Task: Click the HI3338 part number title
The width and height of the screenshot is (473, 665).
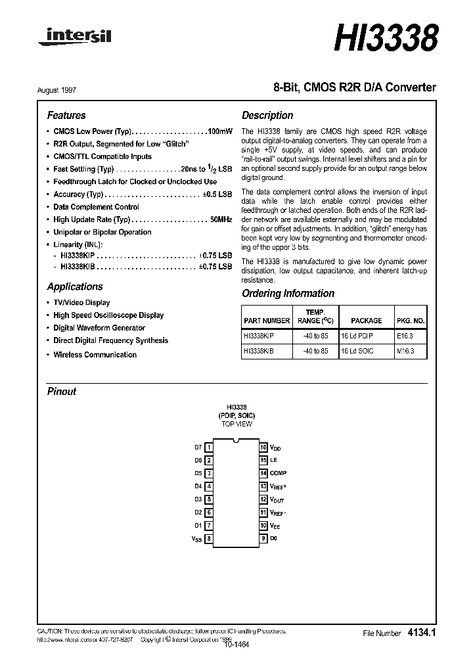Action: (386, 37)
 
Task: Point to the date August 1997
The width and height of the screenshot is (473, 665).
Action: (66, 89)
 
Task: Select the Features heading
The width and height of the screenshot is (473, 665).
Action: (66, 115)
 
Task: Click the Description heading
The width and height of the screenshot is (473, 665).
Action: (267, 115)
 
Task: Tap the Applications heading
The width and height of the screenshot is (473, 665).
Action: (75, 287)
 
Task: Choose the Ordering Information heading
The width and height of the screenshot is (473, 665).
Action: (288, 294)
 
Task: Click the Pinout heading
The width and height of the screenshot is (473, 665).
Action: (62, 391)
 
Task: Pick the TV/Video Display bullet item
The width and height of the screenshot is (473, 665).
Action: (81, 303)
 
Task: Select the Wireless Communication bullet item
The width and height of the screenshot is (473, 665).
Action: (95, 355)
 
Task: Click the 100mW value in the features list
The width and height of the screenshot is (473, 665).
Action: (219, 131)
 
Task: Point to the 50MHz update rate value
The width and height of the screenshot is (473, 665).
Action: (221, 219)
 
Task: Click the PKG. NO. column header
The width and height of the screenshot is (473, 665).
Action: (411, 321)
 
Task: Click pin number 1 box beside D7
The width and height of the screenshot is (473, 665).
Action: (209, 447)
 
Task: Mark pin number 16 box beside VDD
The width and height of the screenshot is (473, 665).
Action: (263, 447)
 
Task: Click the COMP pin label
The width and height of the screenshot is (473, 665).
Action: (278, 473)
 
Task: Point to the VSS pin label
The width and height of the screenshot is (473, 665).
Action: (196, 539)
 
